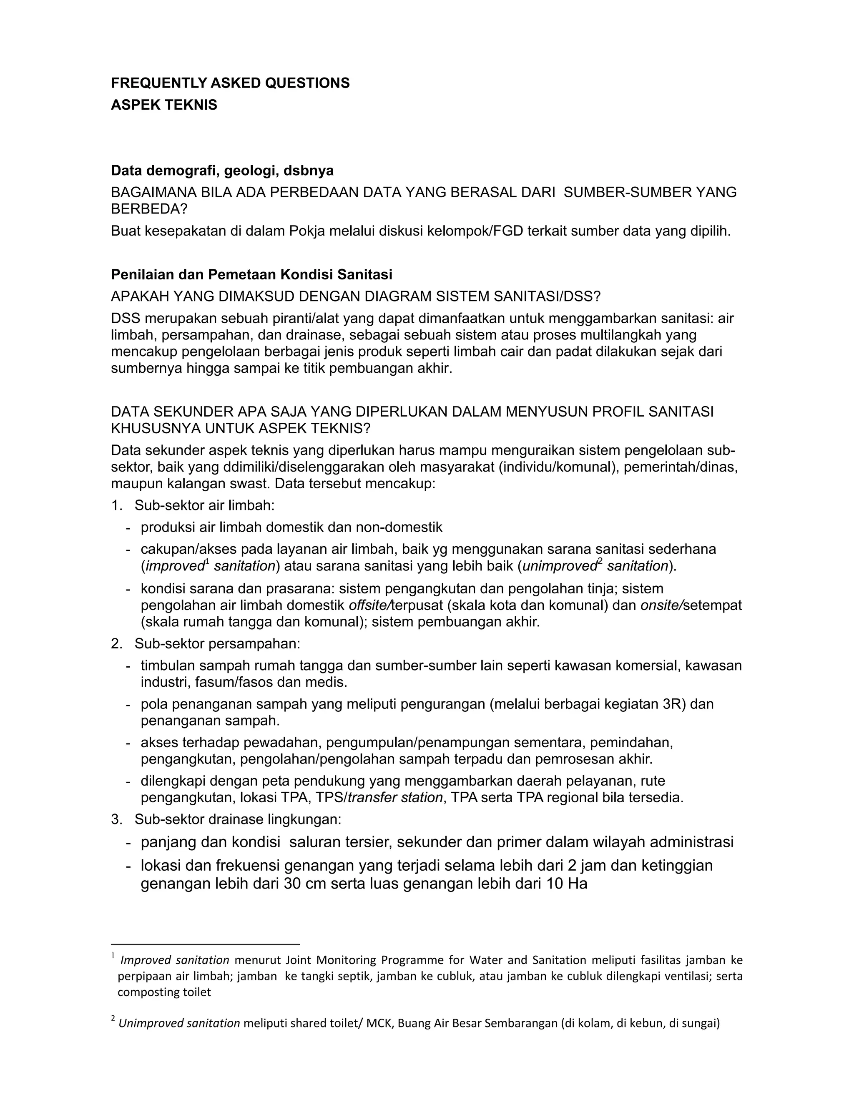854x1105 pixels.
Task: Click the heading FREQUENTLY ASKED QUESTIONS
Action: [230, 83]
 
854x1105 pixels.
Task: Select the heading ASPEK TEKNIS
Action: [164, 105]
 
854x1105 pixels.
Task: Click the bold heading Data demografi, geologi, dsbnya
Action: [222, 171]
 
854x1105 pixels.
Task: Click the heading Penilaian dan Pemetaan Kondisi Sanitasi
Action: [251, 274]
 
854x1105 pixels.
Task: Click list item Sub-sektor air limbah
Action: [204, 505]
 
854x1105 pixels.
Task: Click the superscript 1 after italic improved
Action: [207, 563]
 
